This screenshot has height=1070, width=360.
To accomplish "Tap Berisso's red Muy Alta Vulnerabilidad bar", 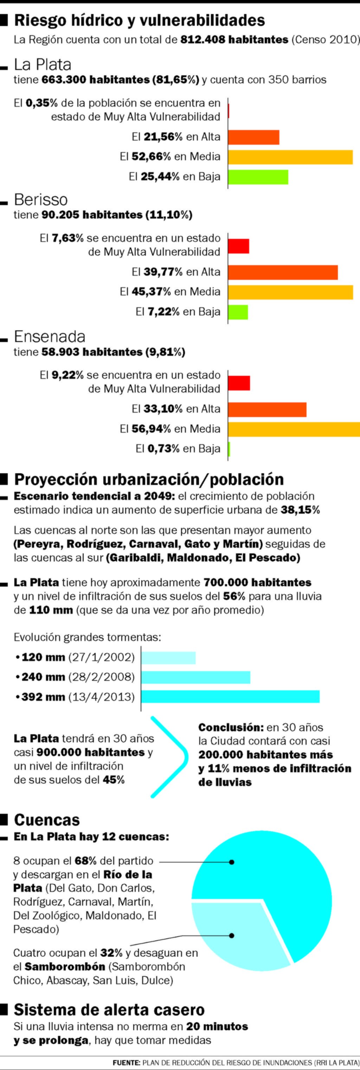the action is [238, 246].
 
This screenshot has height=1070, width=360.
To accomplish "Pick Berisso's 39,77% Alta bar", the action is [283, 272].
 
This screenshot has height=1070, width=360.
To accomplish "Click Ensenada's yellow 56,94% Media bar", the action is [294, 429].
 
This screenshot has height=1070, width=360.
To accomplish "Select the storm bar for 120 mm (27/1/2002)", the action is [169, 658].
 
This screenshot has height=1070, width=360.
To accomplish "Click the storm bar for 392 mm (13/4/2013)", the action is [231, 697].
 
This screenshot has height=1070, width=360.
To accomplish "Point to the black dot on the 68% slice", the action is [232, 862].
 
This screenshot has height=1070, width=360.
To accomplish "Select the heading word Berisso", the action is [41, 200].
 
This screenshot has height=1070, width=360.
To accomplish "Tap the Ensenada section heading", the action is [50, 336].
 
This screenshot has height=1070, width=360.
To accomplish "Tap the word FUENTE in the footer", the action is [127, 1063].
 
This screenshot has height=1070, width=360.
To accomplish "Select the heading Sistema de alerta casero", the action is [109, 1010].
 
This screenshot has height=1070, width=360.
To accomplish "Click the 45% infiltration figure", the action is [114, 780].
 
